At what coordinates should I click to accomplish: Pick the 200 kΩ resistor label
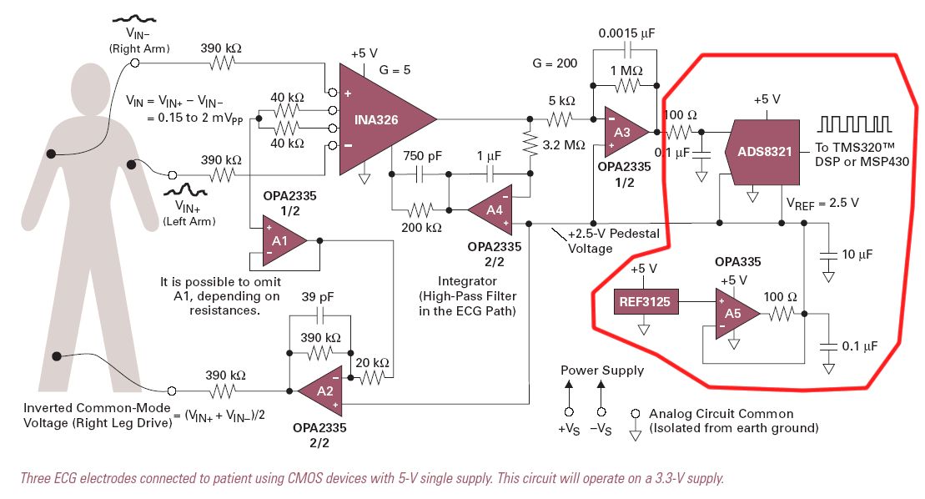tap(420, 226)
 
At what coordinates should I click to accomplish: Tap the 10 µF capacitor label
tap(860, 255)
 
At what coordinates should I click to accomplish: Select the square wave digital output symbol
tap(852, 124)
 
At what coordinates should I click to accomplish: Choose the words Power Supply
tap(602, 370)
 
